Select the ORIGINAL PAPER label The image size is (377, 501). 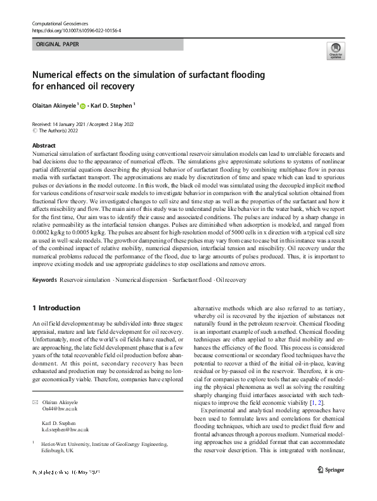57,45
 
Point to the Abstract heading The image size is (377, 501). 44,146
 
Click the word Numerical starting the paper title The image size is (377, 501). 59,74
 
